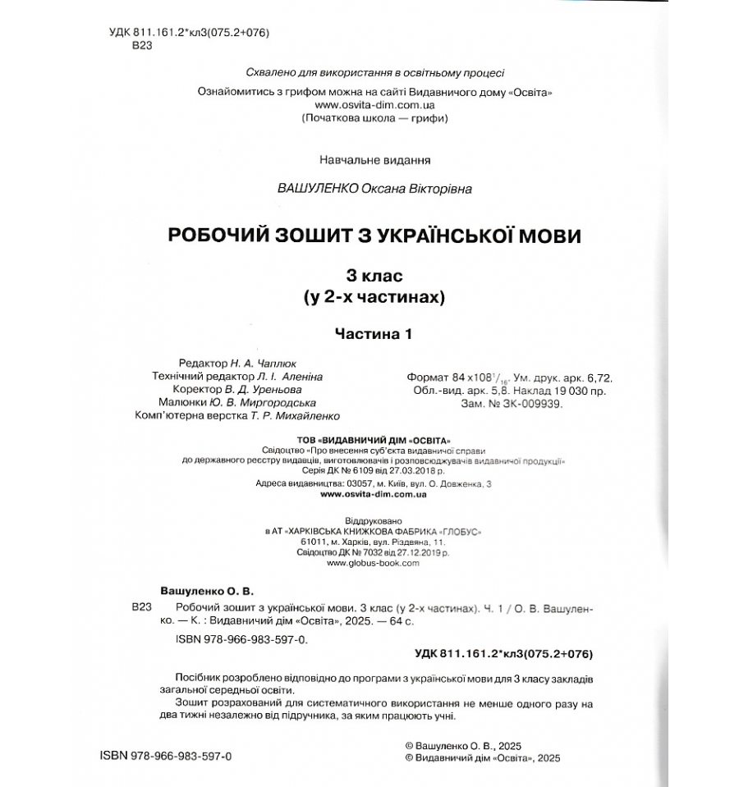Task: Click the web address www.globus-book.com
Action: pyautogui.click(x=373, y=564)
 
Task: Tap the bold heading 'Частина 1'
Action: pyautogui.click(x=371, y=334)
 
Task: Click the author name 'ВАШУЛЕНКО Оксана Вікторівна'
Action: pyautogui.click(x=375, y=188)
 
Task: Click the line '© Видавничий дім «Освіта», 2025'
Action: pyautogui.click(x=482, y=759)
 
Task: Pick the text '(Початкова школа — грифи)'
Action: pyautogui.click(x=374, y=117)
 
